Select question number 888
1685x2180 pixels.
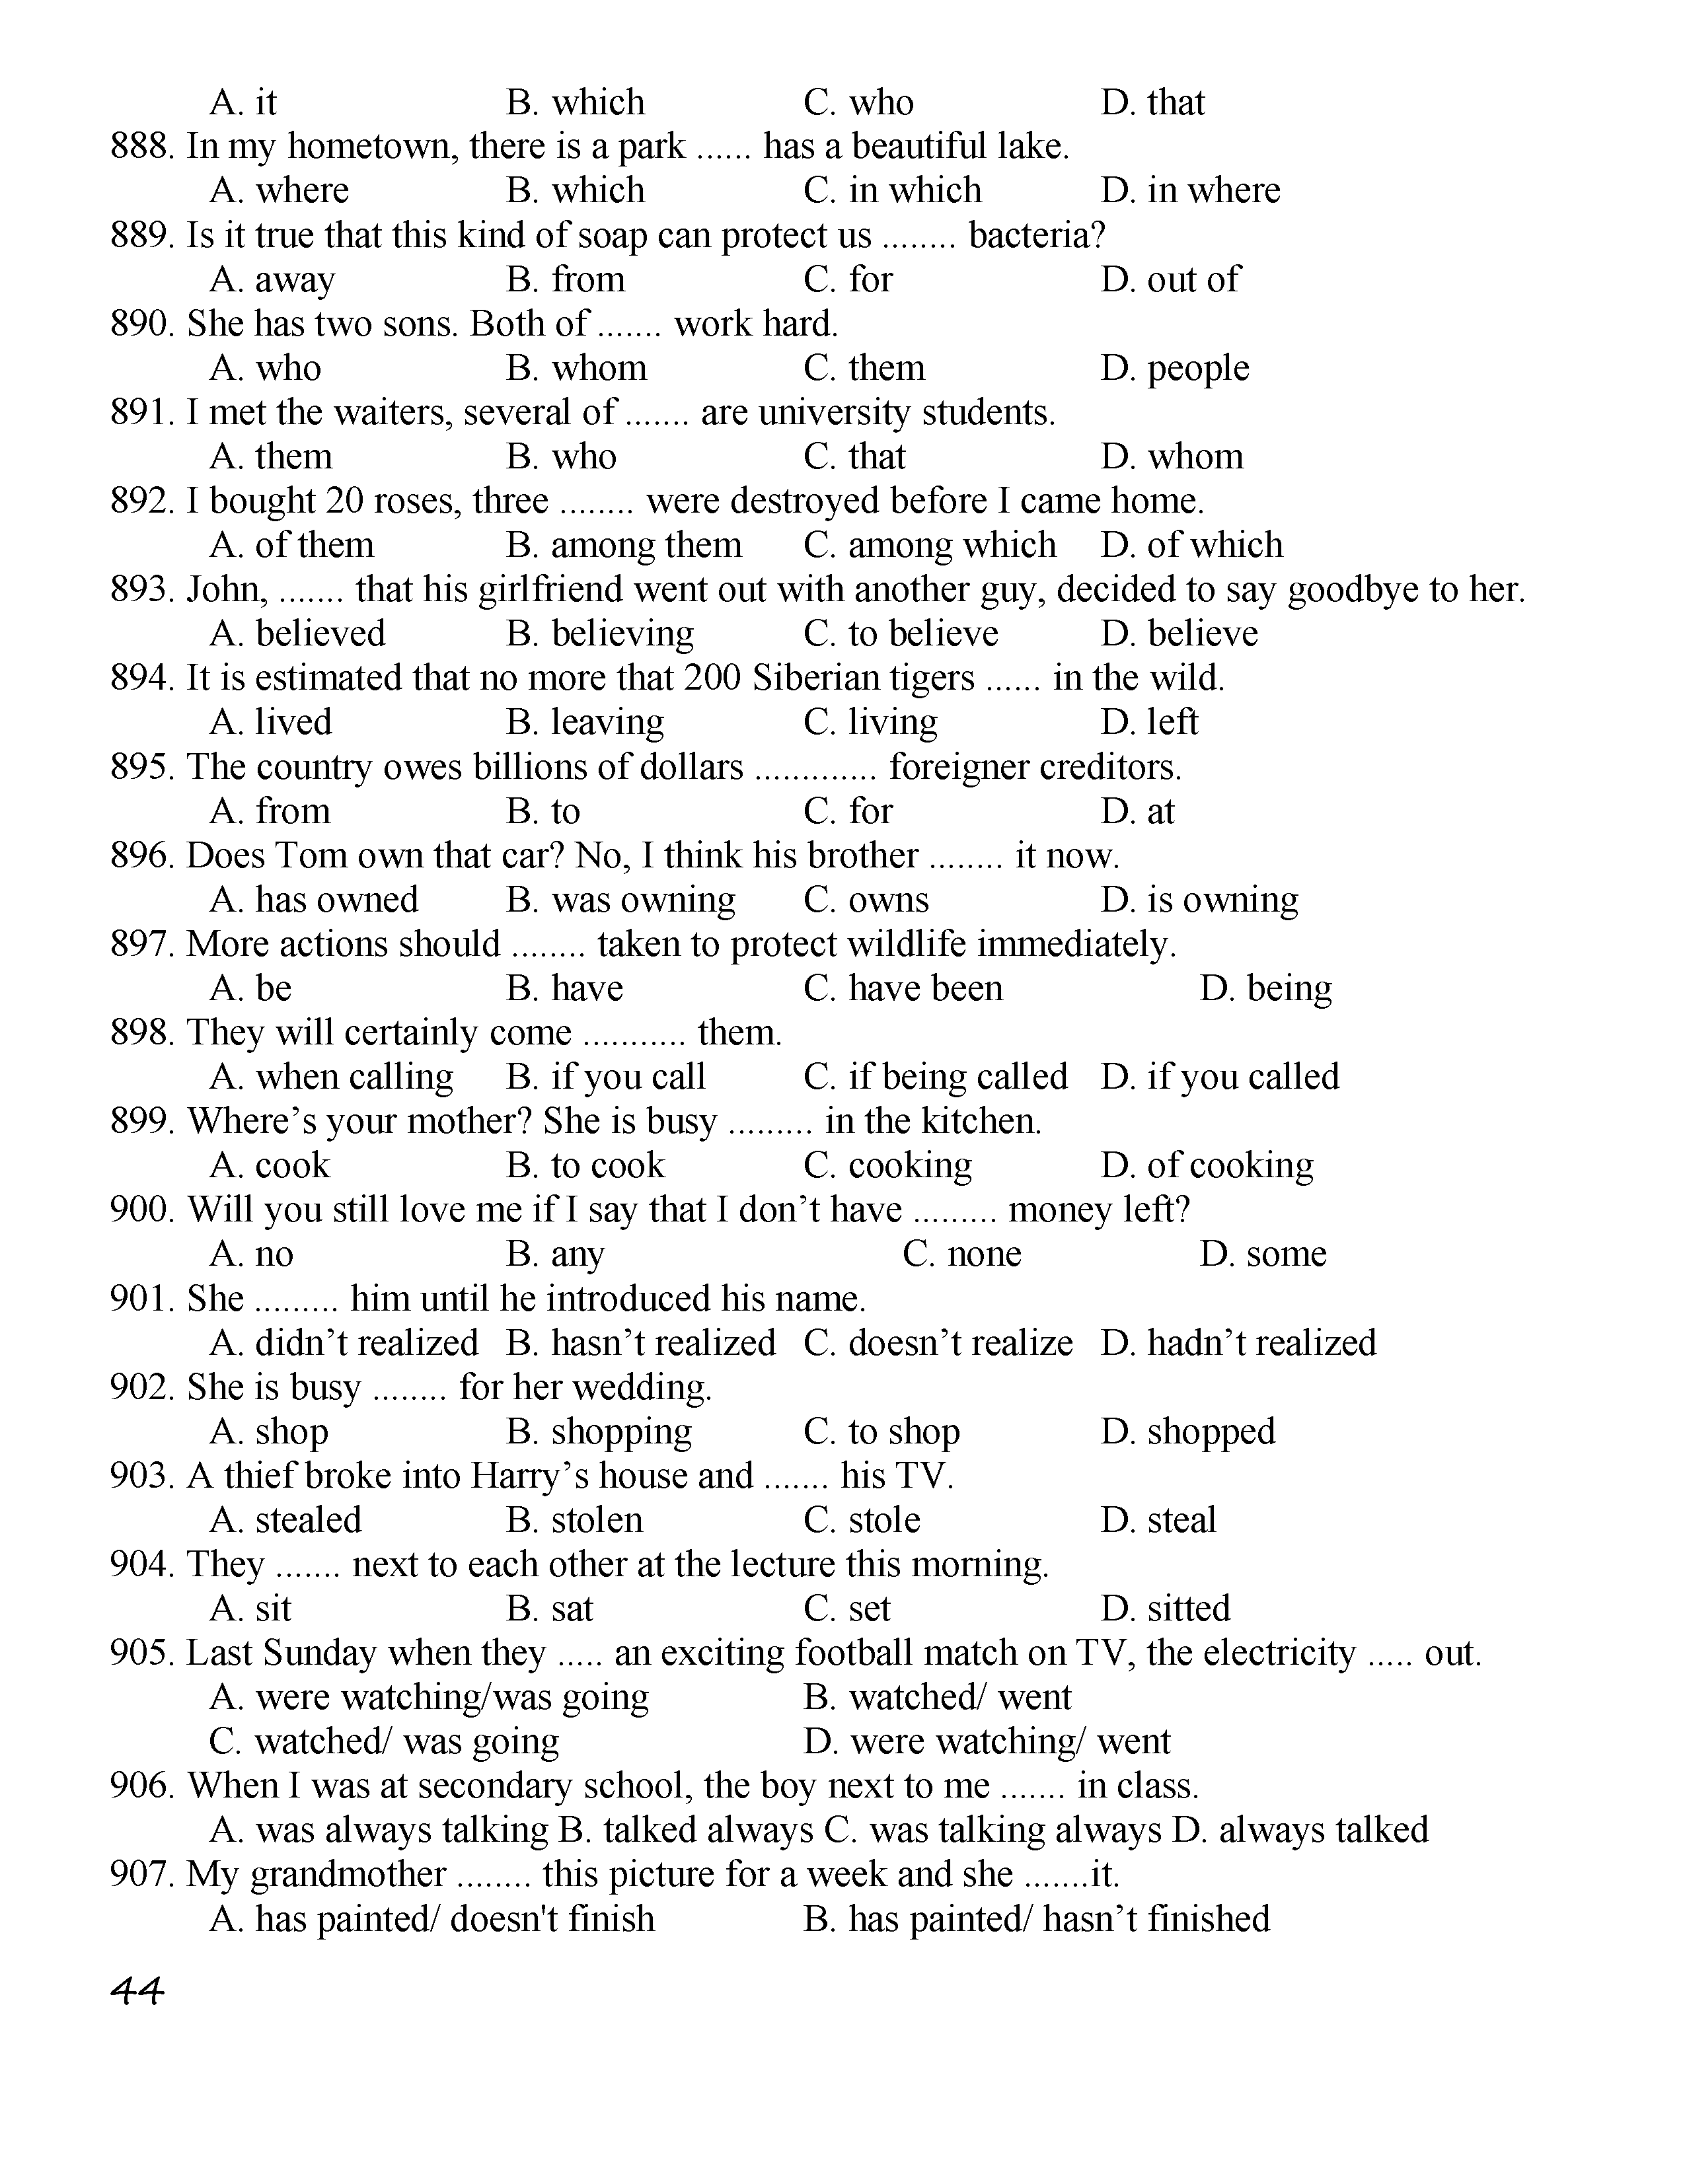[143, 147]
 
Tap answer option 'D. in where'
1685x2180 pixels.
[1190, 191]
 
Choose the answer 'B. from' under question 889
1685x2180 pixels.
[565, 279]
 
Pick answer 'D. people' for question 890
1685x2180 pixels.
[1174, 369]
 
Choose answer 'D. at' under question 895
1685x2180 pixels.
[1137, 811]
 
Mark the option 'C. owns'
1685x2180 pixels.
[866, 900]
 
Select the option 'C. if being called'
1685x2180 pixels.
[935, 1077]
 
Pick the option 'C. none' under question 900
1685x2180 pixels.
[961, 1254]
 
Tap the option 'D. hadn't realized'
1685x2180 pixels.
[1238, 1344]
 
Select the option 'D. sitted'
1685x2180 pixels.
[1165, 1609]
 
